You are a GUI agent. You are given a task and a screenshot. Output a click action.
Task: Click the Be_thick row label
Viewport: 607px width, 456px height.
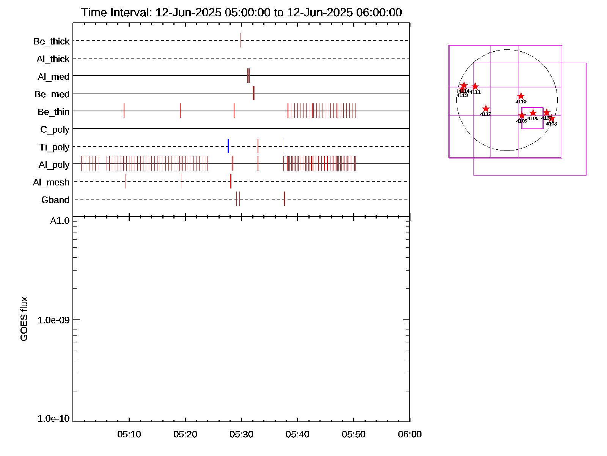coord(52,41)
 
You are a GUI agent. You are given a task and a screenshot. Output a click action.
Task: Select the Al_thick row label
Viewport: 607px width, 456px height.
coord(53,59)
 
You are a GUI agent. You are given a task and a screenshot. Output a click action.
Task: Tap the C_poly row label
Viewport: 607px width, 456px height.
coord(55,130)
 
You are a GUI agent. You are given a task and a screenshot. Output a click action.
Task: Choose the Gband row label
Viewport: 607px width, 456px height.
coord(55,200)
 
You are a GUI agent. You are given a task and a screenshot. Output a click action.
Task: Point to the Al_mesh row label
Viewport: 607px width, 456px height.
coord(51,182)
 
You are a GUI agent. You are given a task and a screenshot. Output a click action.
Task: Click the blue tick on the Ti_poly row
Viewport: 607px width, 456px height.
coord(228,146)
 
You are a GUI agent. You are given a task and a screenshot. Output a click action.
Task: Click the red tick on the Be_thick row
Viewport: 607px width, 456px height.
coord(241,40)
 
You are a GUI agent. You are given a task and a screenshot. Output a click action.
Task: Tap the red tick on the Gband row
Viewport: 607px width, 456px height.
coord(285,199)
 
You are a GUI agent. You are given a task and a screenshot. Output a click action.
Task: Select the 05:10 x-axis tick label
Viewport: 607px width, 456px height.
coord(129,434)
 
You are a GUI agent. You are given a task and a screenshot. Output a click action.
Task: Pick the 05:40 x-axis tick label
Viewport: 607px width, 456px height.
coord(297,434)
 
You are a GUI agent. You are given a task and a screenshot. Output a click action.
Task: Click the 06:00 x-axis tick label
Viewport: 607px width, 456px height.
coord(410,434)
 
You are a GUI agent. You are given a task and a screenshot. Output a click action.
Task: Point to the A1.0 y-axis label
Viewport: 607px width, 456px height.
coord(60,221)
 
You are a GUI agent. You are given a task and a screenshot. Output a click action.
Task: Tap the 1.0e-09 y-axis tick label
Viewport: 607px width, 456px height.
coord(53,320)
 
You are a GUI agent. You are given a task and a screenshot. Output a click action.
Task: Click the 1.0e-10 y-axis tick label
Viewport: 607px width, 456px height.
coord(53,418)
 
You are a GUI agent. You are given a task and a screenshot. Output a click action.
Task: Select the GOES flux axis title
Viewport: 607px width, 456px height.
coord(24,319)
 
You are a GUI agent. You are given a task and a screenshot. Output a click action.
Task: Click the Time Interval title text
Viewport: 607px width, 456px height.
coord(241,13)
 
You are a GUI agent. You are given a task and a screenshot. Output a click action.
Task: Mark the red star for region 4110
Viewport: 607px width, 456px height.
coord(521,96)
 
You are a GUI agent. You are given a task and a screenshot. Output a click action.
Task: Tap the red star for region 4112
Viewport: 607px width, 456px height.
coord(486,109)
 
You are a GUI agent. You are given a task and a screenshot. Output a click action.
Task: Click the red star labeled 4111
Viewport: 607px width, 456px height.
coord(475,87)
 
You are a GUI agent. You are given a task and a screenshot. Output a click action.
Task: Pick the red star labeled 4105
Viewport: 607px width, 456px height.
coord(533,113)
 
